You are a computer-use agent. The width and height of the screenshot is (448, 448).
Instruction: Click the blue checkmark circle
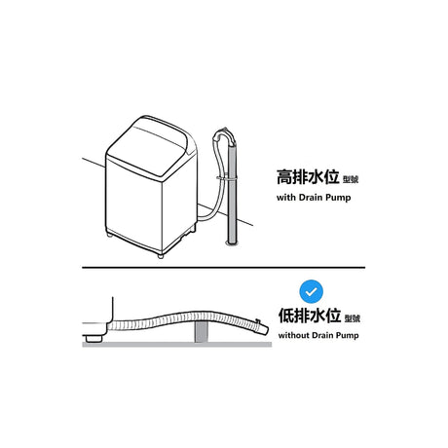coord(311,291)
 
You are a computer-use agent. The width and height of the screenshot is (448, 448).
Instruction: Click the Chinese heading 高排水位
coord(308,177)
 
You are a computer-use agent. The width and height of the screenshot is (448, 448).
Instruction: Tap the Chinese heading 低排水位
coord(310,316)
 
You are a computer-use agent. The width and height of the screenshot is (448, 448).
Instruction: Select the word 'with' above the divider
coord(285,197)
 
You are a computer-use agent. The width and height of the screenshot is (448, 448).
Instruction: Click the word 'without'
coord(293,335)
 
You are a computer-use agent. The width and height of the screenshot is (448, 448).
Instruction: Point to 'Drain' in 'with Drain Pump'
coord(311,197)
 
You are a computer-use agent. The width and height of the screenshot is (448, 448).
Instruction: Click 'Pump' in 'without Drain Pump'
coord(347,335)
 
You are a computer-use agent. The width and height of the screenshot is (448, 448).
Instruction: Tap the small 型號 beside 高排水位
coord(351,179)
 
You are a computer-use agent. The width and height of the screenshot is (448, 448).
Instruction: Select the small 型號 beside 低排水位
coord(353,318)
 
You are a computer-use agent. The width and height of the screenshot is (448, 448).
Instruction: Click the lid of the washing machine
coord(152,146)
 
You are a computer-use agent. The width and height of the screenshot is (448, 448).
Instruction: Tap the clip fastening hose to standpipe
coord(227,177)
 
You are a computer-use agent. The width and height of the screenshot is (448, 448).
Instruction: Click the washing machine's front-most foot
coord(160,256)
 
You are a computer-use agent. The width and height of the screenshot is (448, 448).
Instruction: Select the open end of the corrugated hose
coord(264,329)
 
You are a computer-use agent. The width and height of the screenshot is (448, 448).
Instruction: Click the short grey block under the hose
coord(201,332)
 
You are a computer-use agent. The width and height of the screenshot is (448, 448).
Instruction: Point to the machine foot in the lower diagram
coord(93,339)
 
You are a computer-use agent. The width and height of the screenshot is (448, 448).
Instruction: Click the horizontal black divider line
coord(224,268)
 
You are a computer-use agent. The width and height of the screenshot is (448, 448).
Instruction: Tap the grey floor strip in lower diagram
coord(177,345)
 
